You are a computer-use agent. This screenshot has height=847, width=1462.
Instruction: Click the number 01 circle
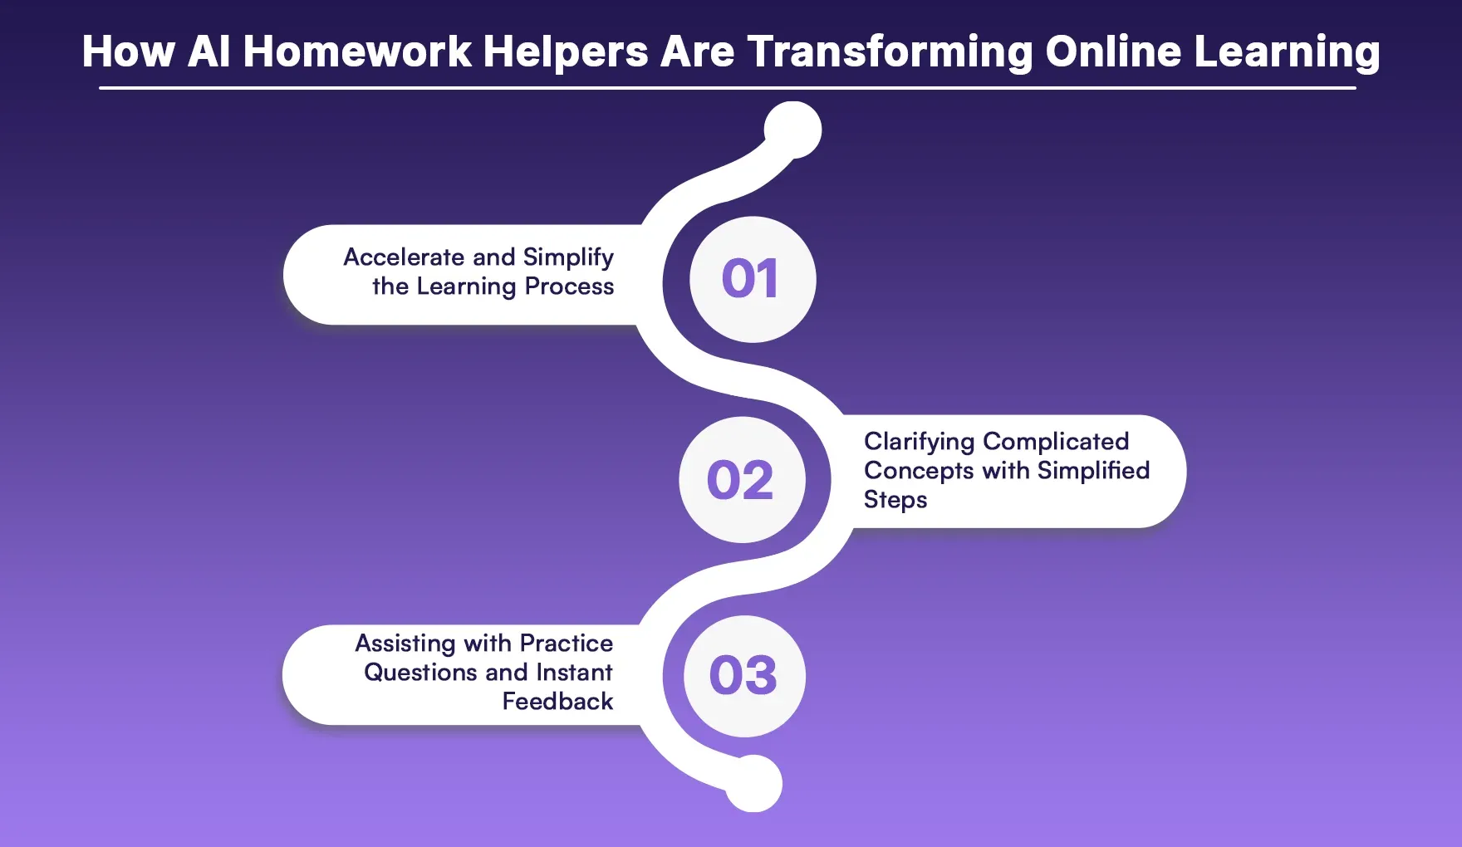753,279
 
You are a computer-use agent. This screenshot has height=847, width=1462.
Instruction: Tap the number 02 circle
742,480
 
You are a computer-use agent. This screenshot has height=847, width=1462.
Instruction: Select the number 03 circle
744,676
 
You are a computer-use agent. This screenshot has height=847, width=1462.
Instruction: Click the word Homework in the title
357,51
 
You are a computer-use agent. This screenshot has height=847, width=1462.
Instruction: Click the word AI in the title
209,51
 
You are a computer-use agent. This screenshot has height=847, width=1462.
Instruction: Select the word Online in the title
1113,51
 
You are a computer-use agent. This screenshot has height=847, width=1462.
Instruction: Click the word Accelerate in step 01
405,257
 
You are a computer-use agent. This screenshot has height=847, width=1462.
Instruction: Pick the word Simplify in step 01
568,258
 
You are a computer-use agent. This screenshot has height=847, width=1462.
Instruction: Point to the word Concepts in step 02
919,472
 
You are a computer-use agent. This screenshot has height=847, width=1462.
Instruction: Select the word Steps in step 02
895,501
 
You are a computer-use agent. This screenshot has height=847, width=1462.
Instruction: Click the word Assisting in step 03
405,644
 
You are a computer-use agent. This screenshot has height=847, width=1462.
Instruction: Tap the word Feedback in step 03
558,702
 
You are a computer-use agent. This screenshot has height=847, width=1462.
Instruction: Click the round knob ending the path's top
793,130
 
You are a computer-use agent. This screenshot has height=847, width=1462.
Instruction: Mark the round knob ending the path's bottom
753,783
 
